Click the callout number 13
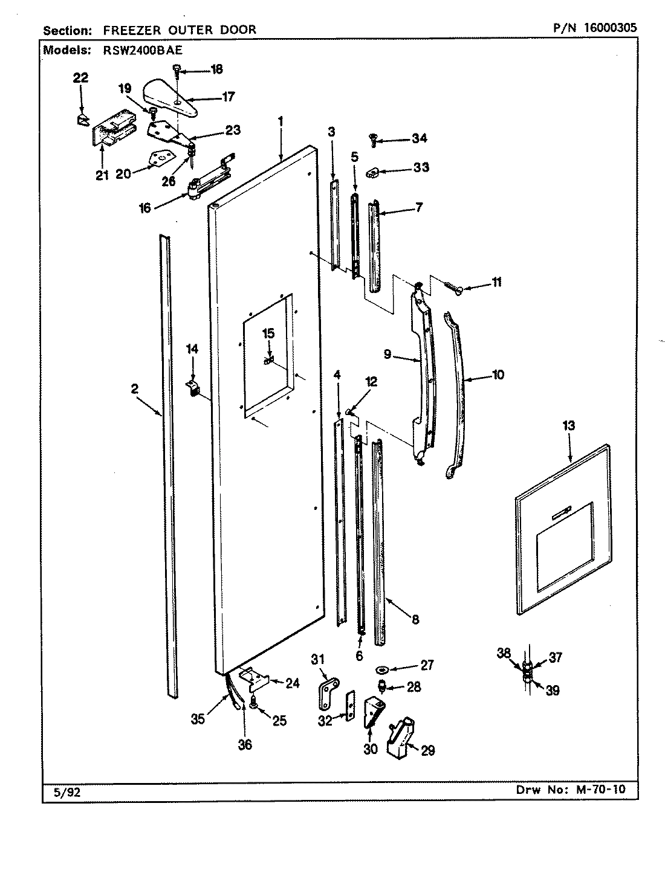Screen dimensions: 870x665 (568, 425)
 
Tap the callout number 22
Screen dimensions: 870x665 (80, 77)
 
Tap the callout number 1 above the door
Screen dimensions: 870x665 (281, 120)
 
